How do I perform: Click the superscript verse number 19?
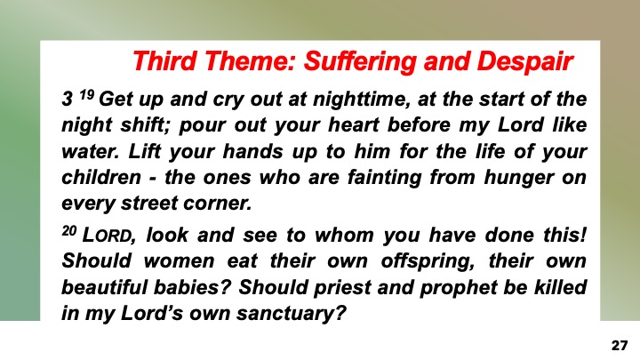[86, 94]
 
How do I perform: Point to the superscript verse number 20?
[70, 230]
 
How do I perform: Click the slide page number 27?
[620, 342]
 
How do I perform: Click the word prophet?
[439, 288]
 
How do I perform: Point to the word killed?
[560, 288]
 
